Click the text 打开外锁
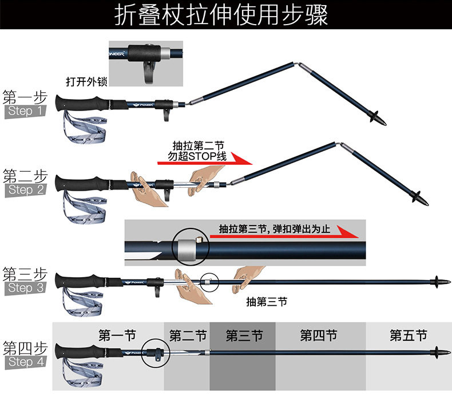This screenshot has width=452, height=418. click(x=86, y=81)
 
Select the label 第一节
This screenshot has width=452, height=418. click(x=117, y=336)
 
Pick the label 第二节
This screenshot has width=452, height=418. click(x=188, y=336)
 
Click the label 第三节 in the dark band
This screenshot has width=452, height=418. click(x=244, y=336)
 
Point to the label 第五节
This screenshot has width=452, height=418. click(x=409, y=336)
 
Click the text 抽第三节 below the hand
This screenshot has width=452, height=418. click(x=266, y=302)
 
